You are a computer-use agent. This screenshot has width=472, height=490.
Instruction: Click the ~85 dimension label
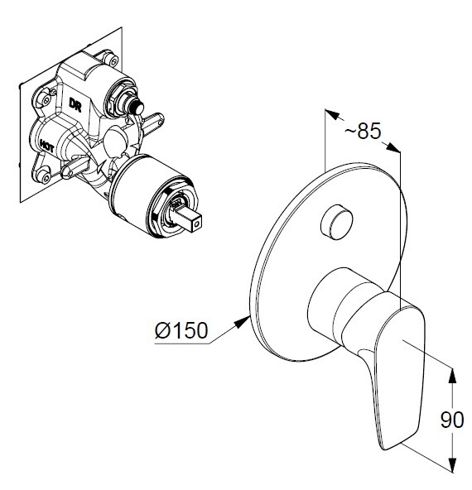click(363, 131)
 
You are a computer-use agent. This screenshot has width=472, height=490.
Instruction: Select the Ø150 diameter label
click(181, 330)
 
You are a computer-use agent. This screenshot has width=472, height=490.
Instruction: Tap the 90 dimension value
click(452, 420)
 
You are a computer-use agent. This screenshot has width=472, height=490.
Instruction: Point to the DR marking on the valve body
click(75, 105)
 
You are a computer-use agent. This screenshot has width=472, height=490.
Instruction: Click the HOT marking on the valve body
click(46, 146)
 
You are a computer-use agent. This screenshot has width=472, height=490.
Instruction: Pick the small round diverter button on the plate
click(337, 222)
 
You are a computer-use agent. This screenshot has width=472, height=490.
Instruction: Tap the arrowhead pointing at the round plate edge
click(243, 322)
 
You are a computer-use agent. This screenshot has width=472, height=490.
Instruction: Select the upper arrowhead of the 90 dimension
click(452, 376)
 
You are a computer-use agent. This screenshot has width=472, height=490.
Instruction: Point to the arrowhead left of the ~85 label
click(333, 114)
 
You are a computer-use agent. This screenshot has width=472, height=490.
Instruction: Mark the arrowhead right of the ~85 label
click(393, 147)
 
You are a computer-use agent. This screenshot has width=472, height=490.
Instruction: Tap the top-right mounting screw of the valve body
click(112, 60)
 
